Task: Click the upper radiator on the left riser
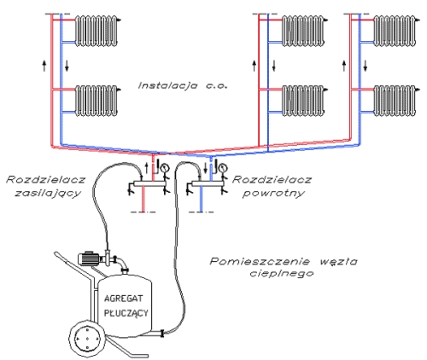[x=97, y=31]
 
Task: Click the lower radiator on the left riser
[x=97, y=101]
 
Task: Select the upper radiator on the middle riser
[x=303, y=31]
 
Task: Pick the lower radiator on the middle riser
[x=303, y=101]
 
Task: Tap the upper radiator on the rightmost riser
[x=395, y=31]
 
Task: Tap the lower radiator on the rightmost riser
[x=395, y=101]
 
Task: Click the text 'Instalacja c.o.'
[x=183, y=85]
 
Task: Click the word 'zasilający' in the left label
[x=48, y=194]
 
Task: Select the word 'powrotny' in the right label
[x=273, y=194]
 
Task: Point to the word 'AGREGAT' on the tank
[x=123, y=299]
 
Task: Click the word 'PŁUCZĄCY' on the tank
[x=126, y=313]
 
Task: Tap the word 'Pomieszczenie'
[x=260, y=261]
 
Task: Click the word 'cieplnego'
[x=282, y=274]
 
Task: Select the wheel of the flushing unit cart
[x=87, y=339]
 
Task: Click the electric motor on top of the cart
[x=88, y=258]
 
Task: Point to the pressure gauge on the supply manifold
[x=164, y=168]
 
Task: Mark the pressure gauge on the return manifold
[x=223, y=168]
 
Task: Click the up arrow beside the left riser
[x=44, y=66]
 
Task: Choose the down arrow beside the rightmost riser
[x=366, y=66]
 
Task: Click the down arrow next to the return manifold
[x=206, y=168]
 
